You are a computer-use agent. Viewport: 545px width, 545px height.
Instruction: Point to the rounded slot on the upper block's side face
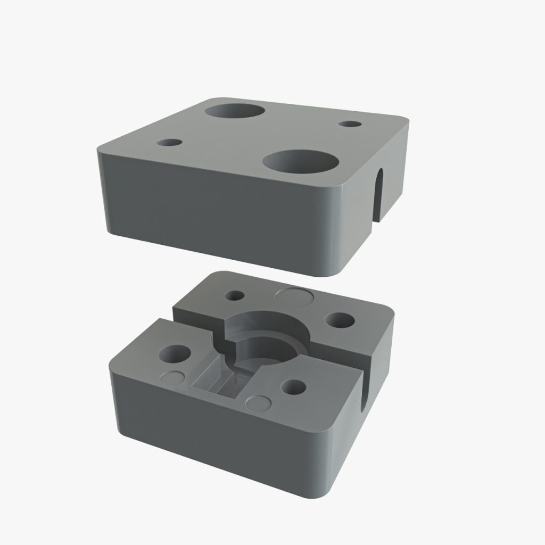click(x=379, y=195)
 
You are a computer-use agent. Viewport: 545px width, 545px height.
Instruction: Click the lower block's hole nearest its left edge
click(x=176, y=354)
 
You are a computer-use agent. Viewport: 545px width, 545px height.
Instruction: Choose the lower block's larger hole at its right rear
click(x=340, y=320)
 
